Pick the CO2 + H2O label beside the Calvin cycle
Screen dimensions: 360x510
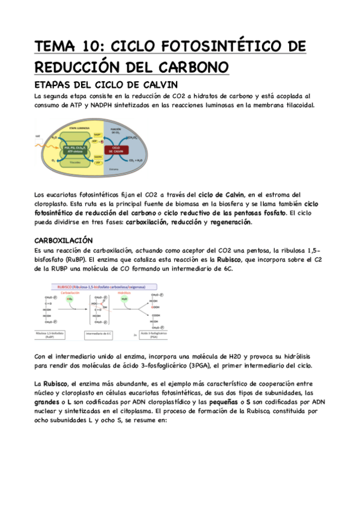coord(136,161)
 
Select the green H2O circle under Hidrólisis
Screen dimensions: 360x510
coord(124,298)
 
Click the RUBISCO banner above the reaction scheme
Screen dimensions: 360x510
coord(105,287)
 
